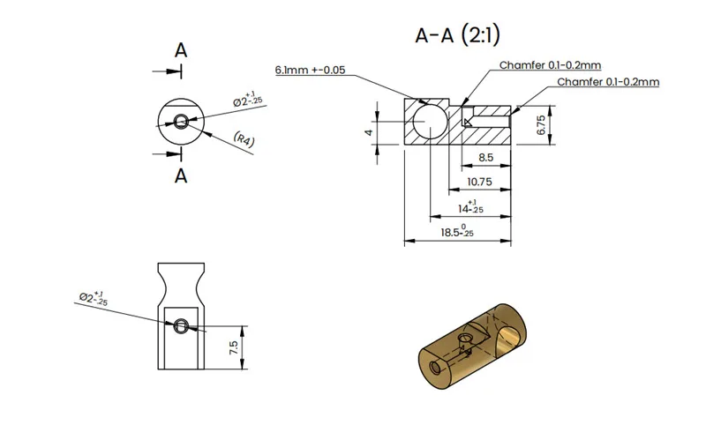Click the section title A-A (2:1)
(457, 35)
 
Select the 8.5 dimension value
(486, 158)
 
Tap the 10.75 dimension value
(479, 182)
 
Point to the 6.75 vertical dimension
(541, 125)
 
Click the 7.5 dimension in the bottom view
(234, 347)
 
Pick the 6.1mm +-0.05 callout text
(311, 71)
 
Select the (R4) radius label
(244, 139)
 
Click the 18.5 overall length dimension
(457, 232)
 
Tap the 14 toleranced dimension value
(470, 207)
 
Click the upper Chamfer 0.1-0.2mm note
(550, 65)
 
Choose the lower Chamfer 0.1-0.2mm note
(608, 82)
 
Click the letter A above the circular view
(181, 50)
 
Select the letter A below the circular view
(181, 175)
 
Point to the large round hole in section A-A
(430, 122)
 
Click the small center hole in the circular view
(181, 121)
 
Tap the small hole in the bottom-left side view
(181, 325)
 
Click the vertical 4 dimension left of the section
(369, 132)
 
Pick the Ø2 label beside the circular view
(247, 99)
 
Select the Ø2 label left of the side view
(94, 298)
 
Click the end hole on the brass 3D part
(436, 368)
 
